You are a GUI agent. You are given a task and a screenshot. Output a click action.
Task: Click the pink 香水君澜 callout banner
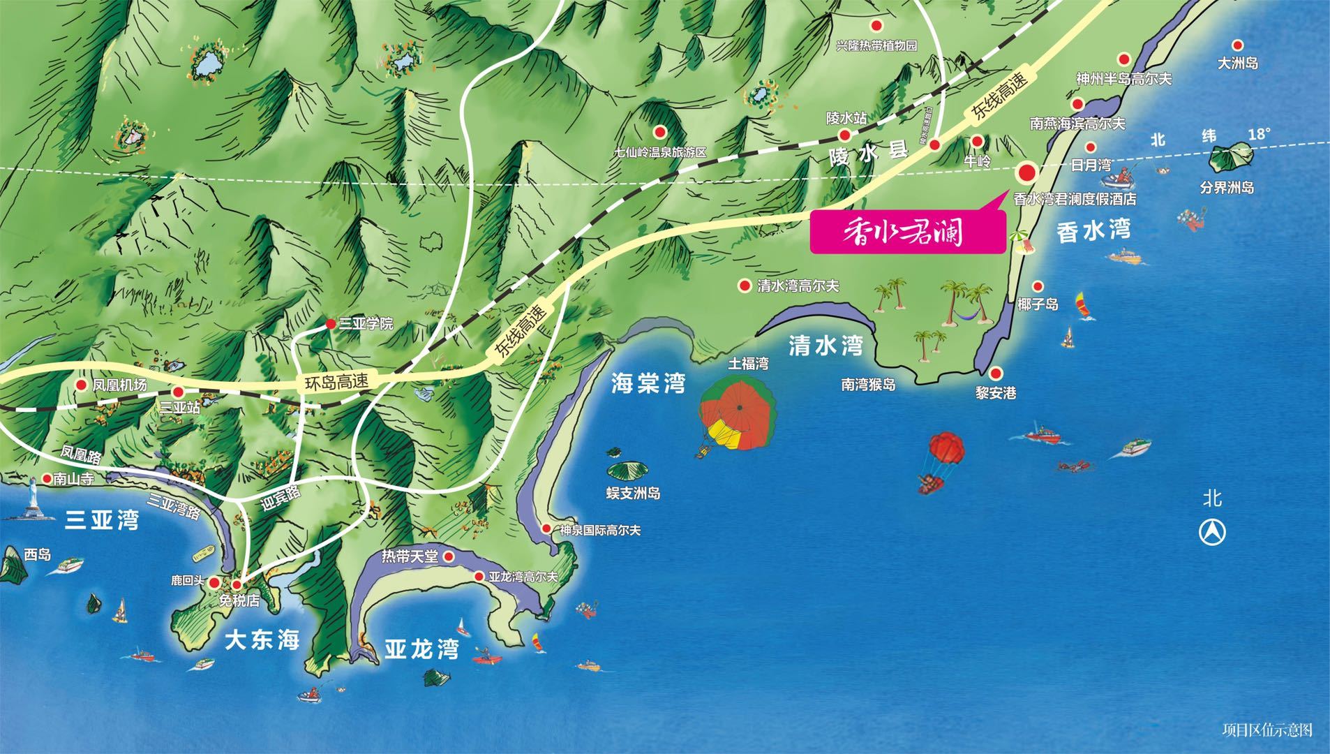pyautogui.click(x=907, y=232)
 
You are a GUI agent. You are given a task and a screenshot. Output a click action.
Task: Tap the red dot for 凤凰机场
pyautogui.click(x=82, y=385)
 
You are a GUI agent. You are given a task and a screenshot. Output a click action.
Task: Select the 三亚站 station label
pyautogui.click(x=179, y=407)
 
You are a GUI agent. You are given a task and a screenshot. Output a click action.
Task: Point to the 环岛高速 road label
pyautogui.click(x=337, y=382)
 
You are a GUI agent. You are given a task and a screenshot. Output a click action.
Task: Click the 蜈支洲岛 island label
pyautogui.click(x=633, y=493)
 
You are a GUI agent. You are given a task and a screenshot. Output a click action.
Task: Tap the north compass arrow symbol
pyautogui.click(x=1212, y=533)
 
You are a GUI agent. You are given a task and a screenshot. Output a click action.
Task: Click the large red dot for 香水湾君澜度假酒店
pyautogui.click(x=1026, y=172)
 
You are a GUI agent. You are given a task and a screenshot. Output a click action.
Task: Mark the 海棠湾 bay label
pyautogui.click(x=648, y=383)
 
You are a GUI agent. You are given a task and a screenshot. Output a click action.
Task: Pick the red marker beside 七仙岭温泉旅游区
pyautogui.click(x=659, y=131)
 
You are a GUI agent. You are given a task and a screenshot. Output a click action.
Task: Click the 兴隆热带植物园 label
pyautogui.click(x=876, y=46)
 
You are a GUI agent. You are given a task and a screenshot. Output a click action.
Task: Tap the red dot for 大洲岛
pyautogui.click(x=1237, y=45)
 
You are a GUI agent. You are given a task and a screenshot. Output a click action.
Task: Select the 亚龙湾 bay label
pyautogui.click(x=421, y=649)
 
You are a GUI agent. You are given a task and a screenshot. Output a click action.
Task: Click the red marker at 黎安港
pyautogui.click(x=995, y=374)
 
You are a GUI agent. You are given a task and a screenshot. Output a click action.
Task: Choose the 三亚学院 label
pyautogui.click(x=366, y=324)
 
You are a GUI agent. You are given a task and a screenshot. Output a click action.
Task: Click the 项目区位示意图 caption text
pyautogui.click(x=1267, y=730)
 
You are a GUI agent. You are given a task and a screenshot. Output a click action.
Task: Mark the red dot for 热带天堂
pyautogui.click(x=449, y=556)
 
